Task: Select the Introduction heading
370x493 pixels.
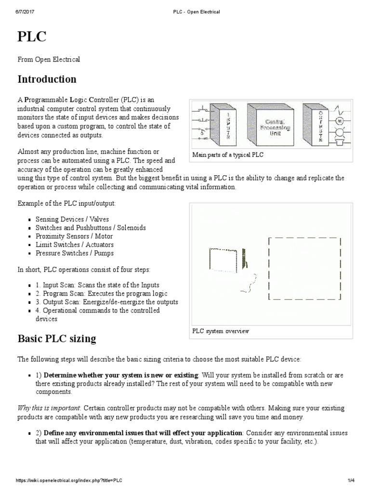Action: pyautogui.click(x=47, y=79)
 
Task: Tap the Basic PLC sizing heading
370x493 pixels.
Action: pyautogui.click(x=57, y=338)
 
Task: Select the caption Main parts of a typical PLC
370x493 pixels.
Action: pyautogui.click(x=228, y=155)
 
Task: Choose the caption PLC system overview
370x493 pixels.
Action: pyautogui.click(x=221, y=332)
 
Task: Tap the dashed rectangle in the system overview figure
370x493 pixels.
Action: pyautogui.click(x=305, y=268)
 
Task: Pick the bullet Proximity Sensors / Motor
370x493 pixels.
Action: pyautogui.click(x=74, y=236)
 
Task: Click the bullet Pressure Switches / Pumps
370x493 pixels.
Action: pyautogui.click(x=75, y=253)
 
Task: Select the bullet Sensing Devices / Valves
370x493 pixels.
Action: pyautogui.click(x=72, y=219)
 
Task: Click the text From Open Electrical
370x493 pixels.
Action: pyautogui.click(x=49, y=59)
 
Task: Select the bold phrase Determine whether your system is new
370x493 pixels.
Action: pyautogui.click(x=120, y=375)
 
